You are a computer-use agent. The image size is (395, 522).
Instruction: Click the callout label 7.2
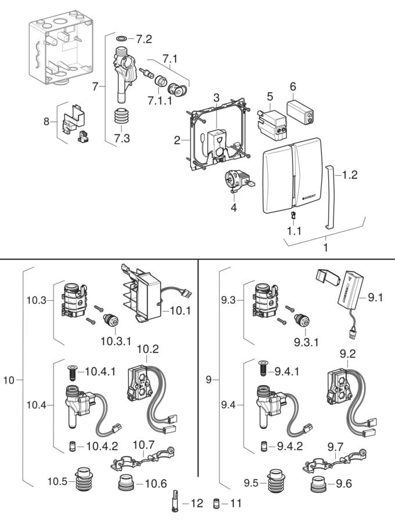click(x=143, y=39)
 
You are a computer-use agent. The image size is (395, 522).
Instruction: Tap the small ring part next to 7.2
click(x=121, y=39)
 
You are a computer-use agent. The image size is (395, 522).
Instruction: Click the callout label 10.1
click(x=181, y=311)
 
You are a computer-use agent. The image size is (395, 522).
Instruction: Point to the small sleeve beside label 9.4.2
click(x=264, y=445)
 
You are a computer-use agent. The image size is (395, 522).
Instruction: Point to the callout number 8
click(x=47, y=122)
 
